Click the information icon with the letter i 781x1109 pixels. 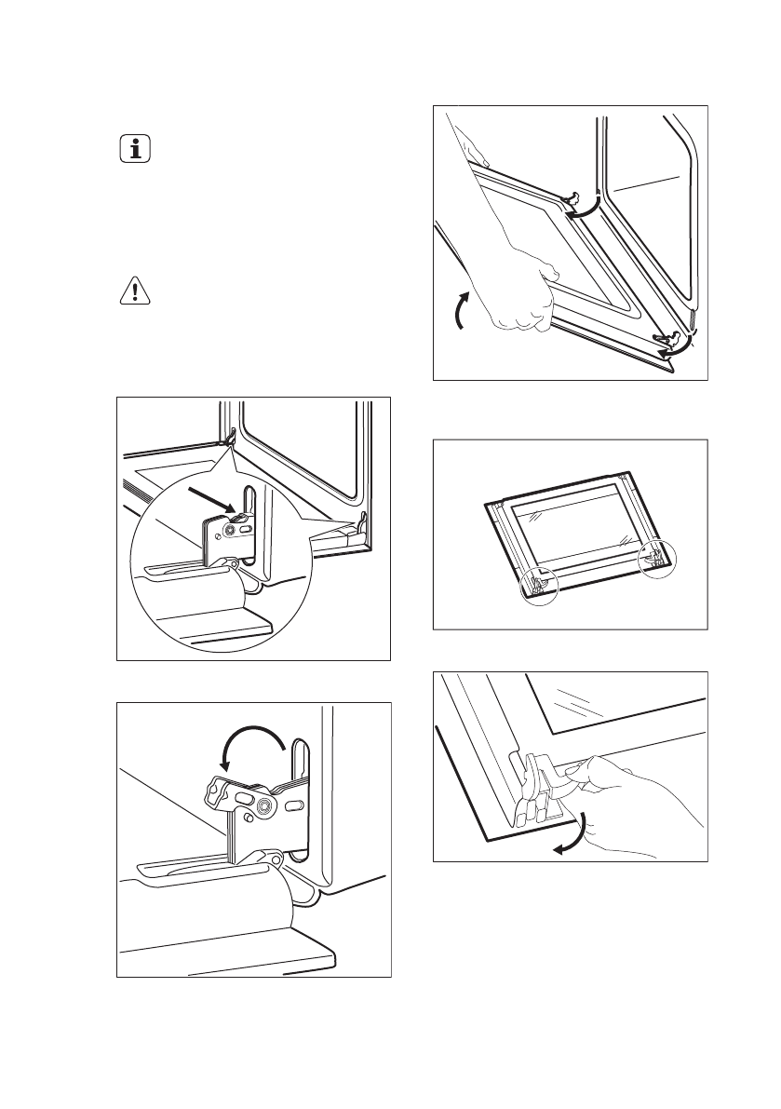[135, 149]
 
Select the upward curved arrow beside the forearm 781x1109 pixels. [456, 311]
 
